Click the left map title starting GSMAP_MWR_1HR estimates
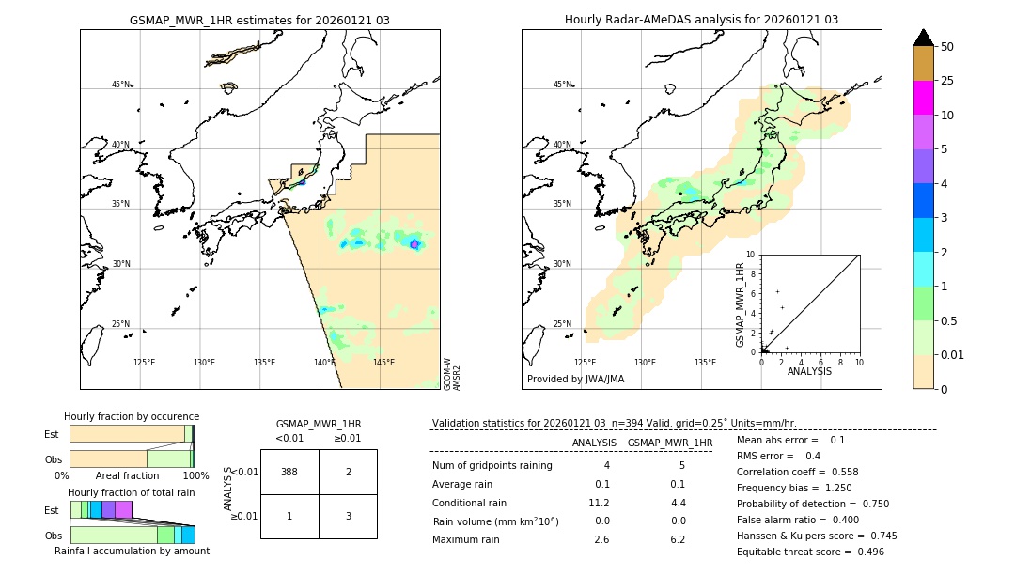[x=259, y=20]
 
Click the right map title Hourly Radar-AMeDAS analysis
[x=701, y=20]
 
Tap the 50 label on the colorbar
[x=947, y=47]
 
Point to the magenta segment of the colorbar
[x=923, y=98]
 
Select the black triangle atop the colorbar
[x=923, y=38]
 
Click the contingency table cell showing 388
[x=289, y=472]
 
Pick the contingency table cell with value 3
[x=348, y=516]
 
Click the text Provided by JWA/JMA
[x=575, y=380]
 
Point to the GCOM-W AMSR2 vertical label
[x=452, y=373]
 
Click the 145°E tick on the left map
[x=383, y=363]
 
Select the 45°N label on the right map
[x=562, y=85]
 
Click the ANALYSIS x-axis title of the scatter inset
[x=809, y=372]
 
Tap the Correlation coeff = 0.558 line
[x=797, y=472]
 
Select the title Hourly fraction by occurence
[x=132, y=416]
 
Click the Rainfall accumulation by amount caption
[x=132, y=551]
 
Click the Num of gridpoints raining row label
[x=492, y=466]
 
